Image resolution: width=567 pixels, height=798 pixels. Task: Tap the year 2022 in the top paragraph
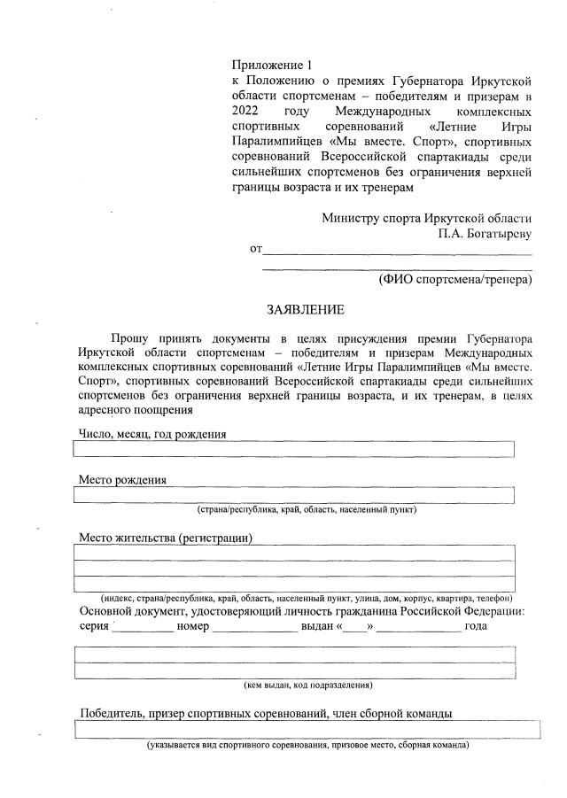coord(247,113)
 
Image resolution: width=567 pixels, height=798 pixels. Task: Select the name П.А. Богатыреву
coord(484,235)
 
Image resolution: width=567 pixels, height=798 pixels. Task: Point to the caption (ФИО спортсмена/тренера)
coord(454,280)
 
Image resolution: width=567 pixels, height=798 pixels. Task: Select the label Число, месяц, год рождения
coord(152,434)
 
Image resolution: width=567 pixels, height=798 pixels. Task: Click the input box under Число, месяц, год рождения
coord(293,449)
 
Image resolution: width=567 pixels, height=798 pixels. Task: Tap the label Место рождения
coord(123,480)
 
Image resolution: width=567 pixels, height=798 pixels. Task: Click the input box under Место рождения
coord(293,495)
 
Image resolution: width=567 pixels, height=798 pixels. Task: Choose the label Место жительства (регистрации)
coord(166,538)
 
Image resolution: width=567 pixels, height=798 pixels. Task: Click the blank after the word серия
coord(143,626)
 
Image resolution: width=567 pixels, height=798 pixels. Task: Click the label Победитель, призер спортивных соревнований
coord(266,714)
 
